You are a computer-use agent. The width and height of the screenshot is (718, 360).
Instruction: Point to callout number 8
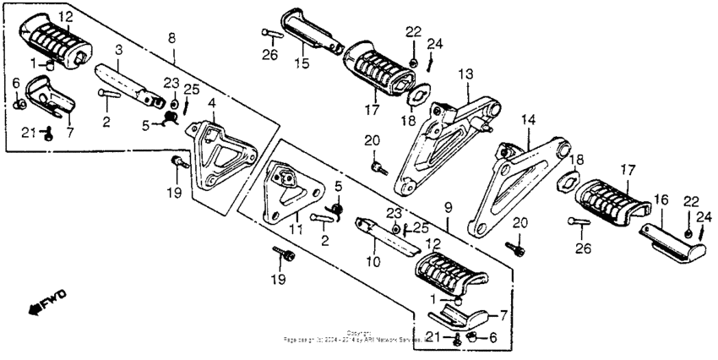point(173,38)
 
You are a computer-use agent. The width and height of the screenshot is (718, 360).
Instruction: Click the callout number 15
point(302,63)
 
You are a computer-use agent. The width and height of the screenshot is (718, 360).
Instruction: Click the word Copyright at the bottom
point(358,332)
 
